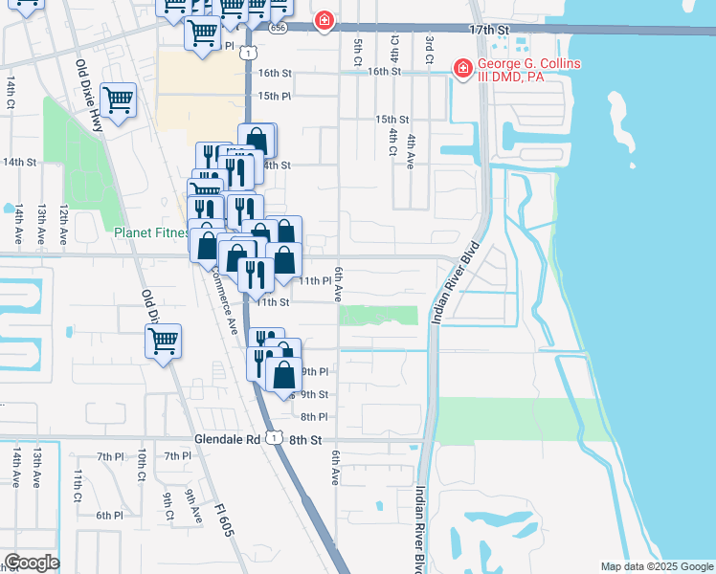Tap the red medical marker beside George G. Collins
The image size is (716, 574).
(462, 69)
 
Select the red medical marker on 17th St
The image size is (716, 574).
(324, 21)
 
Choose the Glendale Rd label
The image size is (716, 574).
(233, 438)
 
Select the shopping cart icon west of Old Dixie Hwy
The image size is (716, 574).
(118, 100)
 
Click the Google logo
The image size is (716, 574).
(31, 563)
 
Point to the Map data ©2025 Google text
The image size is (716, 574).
(656, 566)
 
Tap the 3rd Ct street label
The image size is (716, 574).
(430, 45)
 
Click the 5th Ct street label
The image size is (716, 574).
(358, 45)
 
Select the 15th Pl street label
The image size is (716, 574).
(273, 97)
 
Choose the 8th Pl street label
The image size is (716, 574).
(314, 417)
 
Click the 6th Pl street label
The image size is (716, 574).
(109, 515)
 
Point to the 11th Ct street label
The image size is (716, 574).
(78, 478)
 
